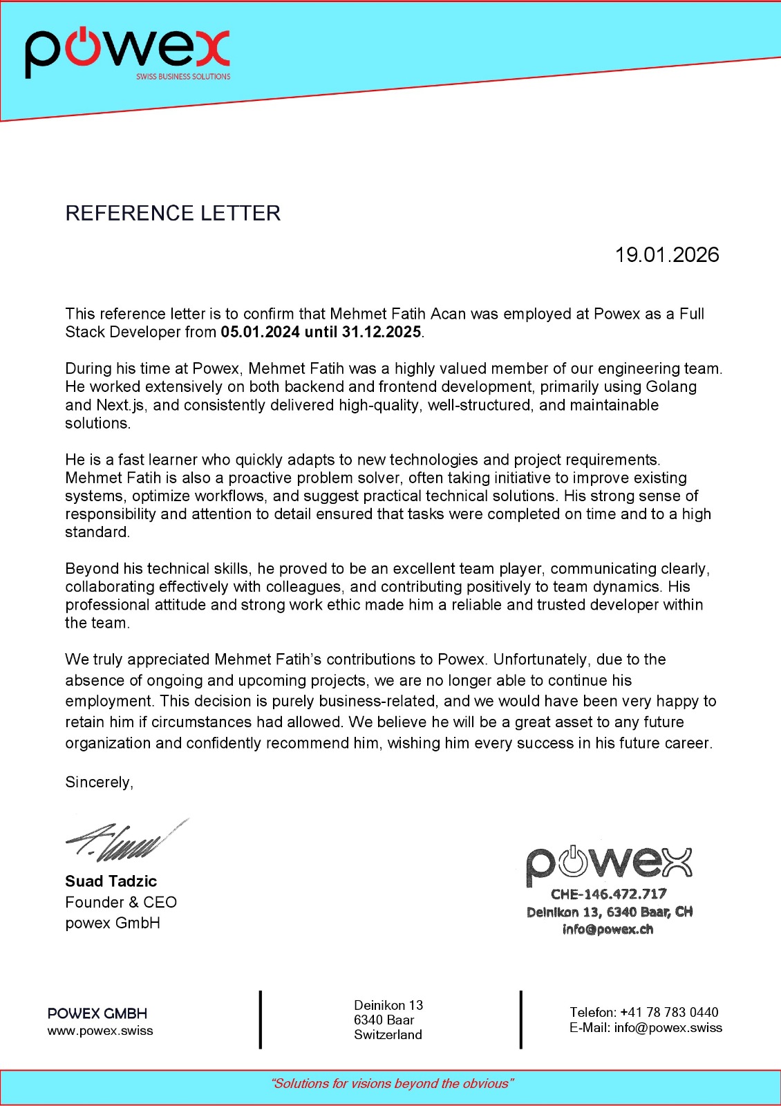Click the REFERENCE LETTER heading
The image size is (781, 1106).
[x=173, y=213]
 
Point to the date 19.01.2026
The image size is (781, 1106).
[x=667, y=255]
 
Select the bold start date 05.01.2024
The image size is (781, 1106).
[x=260, y=332]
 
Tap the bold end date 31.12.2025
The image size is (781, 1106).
[x=382, y=332]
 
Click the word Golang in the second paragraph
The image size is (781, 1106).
[x=671, y=386]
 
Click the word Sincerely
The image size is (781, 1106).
[x=98, y=782]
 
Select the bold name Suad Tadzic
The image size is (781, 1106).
[x=111, y=881]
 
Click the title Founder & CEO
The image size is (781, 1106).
[x=121, y=902]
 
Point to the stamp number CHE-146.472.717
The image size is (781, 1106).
[x=608, y=894]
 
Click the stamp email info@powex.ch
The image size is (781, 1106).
[x=608, y=929]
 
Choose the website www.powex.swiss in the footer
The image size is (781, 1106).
[x=100, y=1031]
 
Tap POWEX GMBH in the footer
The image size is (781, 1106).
[x=97, y=1013]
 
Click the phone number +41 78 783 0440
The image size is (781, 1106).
[x=669, y=1012]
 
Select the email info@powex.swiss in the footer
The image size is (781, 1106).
[x=668, y=1028]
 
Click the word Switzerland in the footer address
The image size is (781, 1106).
[x=388, y=1035]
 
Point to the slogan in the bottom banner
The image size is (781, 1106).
[x=392, y=1084]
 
